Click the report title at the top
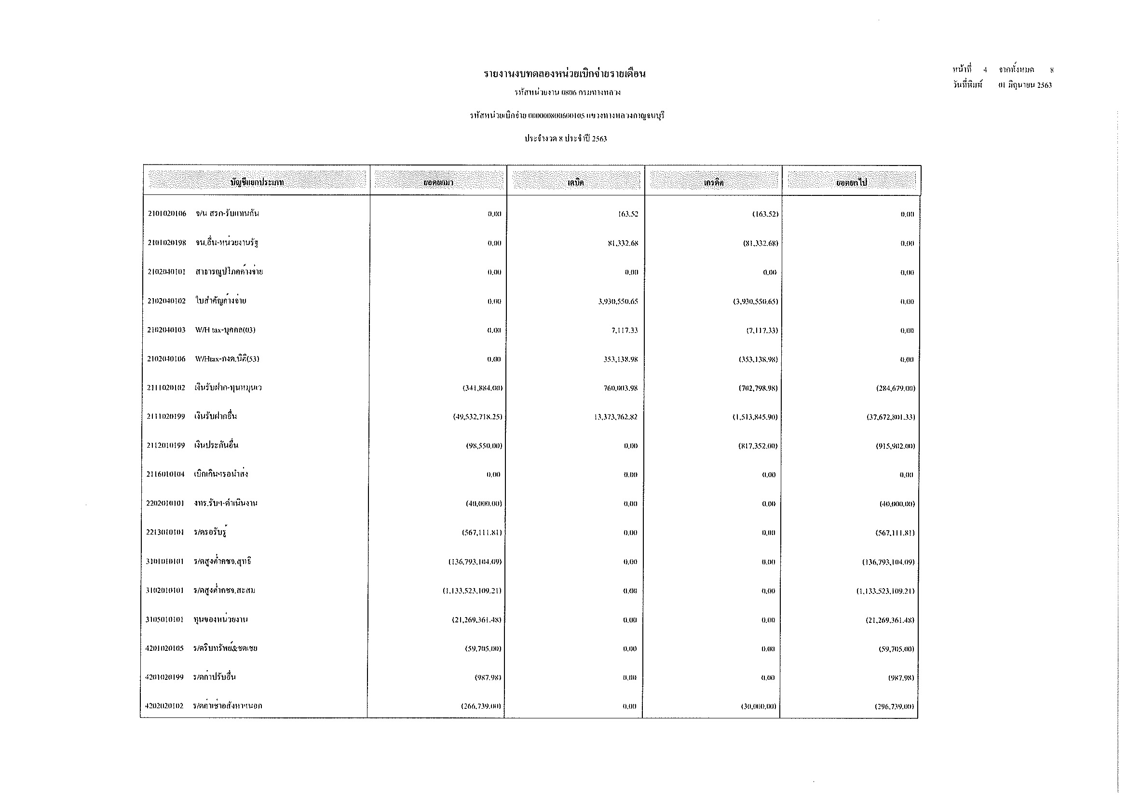tap(565, 74)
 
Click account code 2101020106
tap(167, 214)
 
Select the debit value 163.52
tap(628, 214)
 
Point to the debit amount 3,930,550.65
tap(618, 302)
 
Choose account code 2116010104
tap(165, 475)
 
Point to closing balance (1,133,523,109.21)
tap(885, 591)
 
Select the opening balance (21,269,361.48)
tap(476, 620)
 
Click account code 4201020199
tap(164, 677)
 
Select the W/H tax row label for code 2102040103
tap(225, 330)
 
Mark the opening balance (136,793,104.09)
tap(475, 562)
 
